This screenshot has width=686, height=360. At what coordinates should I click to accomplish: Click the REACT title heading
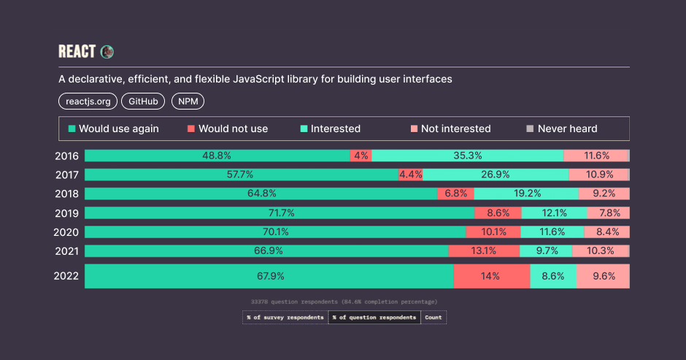click(x=77, y=52)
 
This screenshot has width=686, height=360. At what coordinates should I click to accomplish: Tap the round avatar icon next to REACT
click(x=107, y=52)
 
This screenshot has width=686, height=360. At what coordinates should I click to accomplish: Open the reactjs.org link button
click(x=87, y=102)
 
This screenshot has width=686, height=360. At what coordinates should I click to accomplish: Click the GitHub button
click(x=143, y=102)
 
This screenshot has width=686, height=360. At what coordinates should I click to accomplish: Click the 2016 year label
click(x=67, y=156)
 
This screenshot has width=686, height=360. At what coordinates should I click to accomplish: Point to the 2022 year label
click(x=67, y=276)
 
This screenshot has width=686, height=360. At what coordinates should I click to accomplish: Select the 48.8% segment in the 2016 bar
click(x=217, y=156)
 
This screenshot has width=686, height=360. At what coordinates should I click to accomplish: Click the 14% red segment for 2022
click(x=490, y=276)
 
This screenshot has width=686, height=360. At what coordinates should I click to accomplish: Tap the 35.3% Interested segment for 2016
click(x=467, y=156)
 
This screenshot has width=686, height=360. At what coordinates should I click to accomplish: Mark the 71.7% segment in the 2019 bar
click(x=279, y=212)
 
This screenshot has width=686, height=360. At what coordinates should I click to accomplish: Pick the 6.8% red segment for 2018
click(x=455, y=194)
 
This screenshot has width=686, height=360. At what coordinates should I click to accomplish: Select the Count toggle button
click(x=433, y=318)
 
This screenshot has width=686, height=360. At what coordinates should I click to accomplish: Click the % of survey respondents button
click(x=285, y=318)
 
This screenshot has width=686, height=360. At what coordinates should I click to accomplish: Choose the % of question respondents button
click(x=374, y=318)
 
